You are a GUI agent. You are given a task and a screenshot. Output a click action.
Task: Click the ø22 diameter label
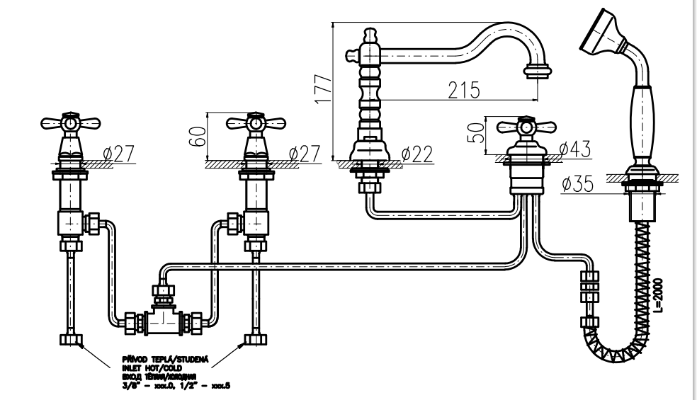pyautogui.click(x=416, y=154)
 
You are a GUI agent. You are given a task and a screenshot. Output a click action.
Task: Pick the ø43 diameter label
pyautogui.click(x=574, y=149)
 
